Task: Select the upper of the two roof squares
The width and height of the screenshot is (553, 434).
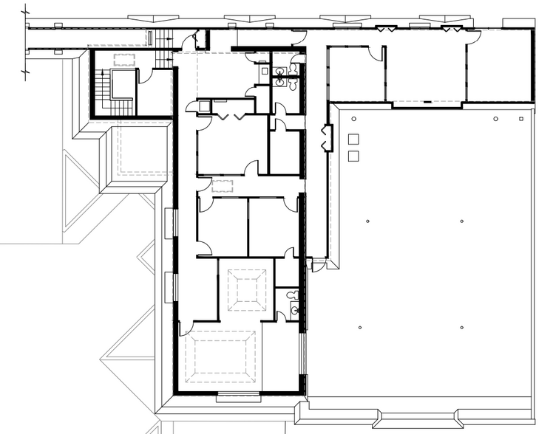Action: tap(353, 139)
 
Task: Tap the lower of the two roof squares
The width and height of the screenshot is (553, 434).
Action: tap(353, 156)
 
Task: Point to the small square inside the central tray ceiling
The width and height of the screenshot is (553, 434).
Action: tap(246, 291)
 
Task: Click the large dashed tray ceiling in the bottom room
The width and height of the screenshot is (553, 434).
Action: tap(220, 357)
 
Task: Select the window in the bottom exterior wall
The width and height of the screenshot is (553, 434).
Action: tap(238, 398)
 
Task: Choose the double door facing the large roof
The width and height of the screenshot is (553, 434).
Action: tap(325, 139)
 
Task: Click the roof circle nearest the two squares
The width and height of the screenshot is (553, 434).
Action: tap(354, 119)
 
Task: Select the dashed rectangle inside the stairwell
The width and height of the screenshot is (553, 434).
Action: tap(122, 60)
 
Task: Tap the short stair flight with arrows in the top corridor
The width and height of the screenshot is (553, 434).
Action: tap(150, 37)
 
